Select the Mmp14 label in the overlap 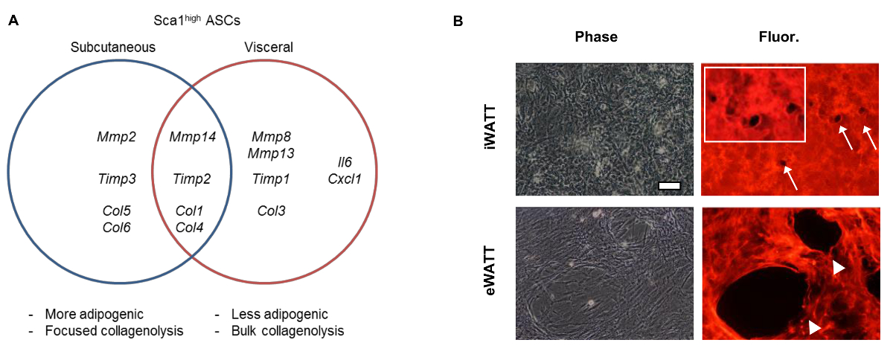point(193,137)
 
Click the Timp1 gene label point(271,179)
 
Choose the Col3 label point(271,210)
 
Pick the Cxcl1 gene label point(345,179)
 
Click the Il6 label point(345,163)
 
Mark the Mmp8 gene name point(272,137)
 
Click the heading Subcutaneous point(113,47)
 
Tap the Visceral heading point(269,47)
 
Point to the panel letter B point(458,21)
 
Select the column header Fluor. point(791,36)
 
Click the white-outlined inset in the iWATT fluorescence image point(754,103)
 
